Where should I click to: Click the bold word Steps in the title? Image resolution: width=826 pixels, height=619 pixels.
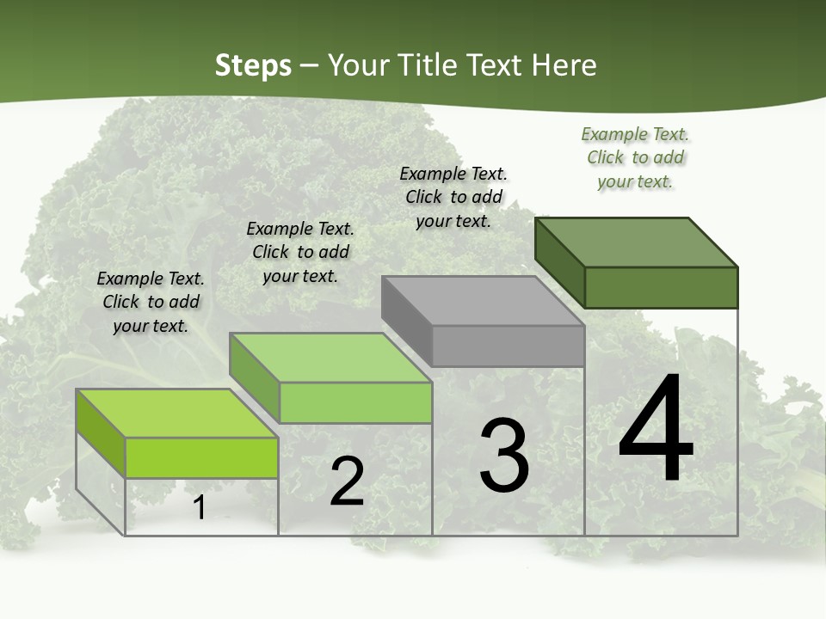click(x=253, y=65)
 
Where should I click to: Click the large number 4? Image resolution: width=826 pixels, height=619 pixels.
click(x=656, y=430)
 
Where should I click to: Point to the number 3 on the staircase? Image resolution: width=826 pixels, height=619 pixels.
click(x=504, y=456)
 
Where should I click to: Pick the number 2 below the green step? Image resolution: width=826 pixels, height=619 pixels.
click(x=347, y=481)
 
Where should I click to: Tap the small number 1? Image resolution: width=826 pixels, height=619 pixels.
click(x=200, y=507)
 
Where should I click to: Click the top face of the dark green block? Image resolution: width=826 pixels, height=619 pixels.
click(x=637, y=242)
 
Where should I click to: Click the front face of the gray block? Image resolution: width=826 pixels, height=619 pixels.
click(x=508, y=346)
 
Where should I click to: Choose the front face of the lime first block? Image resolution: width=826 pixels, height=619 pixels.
click(x=201, y=458)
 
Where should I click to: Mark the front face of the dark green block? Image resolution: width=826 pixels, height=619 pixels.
click(x=661, y=287)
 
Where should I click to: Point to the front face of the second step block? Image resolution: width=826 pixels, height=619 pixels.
click(x=354, y=402)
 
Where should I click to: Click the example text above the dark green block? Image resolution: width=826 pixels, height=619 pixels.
click(x=635, y=157)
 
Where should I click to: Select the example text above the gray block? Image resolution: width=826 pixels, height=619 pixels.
click(x=453, y=197)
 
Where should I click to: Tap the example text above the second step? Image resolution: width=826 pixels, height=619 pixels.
click(x=300, y=252)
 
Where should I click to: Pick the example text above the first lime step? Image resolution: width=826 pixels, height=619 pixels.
click(x=151, y=302)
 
